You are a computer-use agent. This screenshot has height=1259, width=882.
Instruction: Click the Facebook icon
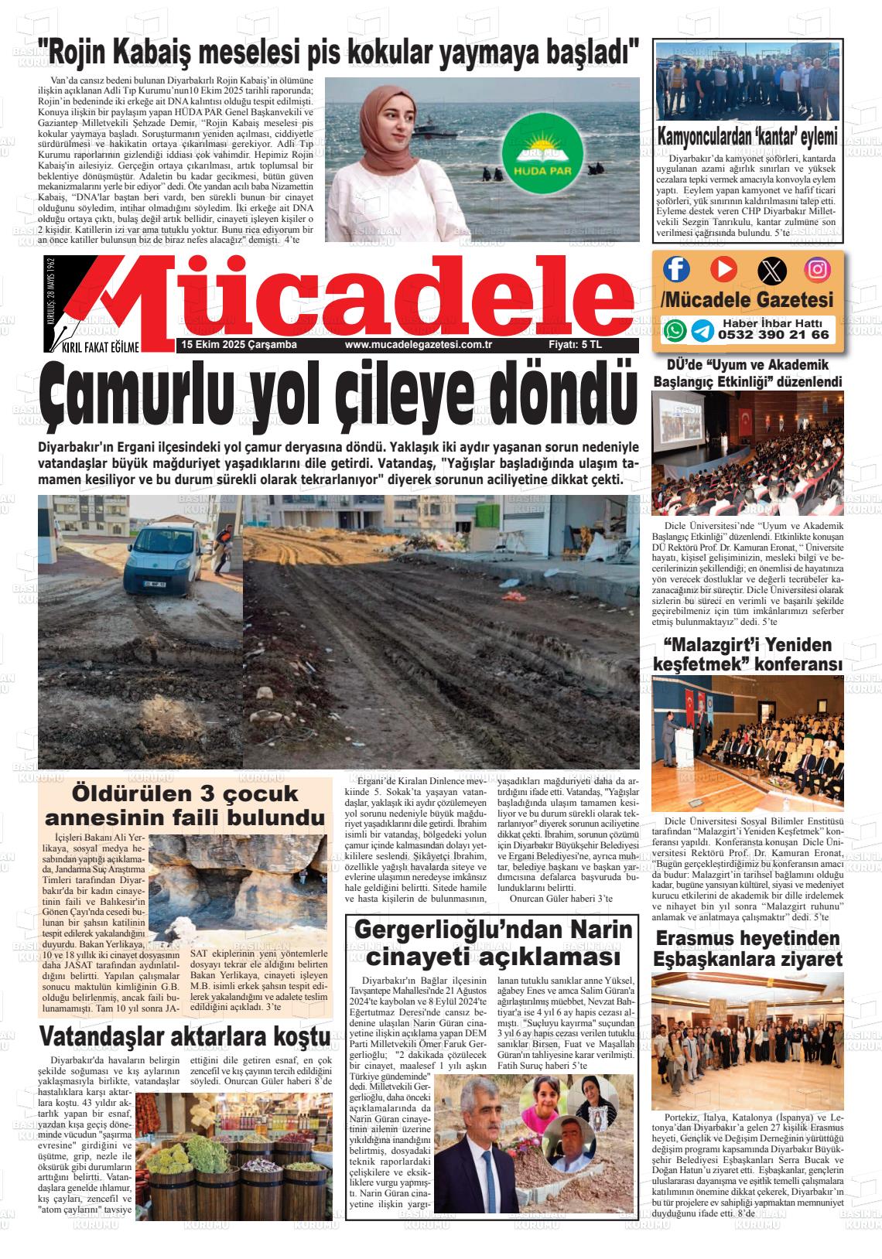click(x=676, y=268)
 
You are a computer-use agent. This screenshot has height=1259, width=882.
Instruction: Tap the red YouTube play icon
click(x=723, y=268)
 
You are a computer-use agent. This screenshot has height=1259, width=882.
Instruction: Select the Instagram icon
click(x=818, y=268)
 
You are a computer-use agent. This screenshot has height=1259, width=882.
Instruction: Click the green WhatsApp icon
click(x=675, y=330)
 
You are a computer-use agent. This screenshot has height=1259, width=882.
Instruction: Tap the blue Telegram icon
click(x=702, y=331)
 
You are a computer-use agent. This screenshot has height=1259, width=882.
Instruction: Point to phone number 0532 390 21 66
click(x=773, y=335)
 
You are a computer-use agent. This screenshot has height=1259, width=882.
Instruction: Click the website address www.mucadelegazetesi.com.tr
click(x=419, y=345)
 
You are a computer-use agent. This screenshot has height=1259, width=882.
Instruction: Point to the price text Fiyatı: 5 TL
click(x=574, y=345)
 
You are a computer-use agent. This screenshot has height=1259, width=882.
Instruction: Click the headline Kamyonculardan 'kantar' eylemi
click(x=747, y=138)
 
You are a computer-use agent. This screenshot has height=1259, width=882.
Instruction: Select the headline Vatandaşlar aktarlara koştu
click(x=186, y=1036)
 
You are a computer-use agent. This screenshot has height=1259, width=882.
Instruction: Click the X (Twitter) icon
click(x=771, y=268)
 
